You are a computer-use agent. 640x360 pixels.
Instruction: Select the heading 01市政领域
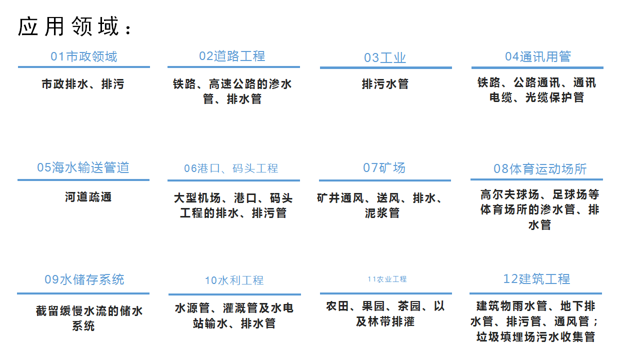click(83, 56)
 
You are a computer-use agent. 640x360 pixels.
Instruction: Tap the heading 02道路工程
click(232, 56)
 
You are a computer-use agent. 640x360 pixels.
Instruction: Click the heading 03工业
click(385, 57)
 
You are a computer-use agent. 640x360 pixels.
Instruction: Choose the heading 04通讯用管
click(538, 56)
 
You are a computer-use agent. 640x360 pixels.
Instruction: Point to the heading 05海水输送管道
click(83, 167)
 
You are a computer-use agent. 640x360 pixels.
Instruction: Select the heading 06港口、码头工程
click(231, 168)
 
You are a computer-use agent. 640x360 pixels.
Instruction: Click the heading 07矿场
click(384, 167)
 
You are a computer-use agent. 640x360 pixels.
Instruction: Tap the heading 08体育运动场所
click(540, 169)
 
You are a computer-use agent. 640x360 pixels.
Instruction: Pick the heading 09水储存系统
click(84, 279)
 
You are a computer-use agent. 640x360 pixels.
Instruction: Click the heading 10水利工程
click(234, 280)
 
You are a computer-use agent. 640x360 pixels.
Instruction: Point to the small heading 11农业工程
click(387, 279)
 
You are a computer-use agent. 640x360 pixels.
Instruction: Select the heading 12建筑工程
click(536, 279)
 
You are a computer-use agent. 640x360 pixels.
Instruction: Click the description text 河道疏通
click(88, 197)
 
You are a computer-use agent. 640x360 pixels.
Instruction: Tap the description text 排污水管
click(385, 84)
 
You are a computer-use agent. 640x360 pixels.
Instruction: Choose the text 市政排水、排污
click(83, 84)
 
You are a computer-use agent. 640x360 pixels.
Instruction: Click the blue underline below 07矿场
click(385, 180)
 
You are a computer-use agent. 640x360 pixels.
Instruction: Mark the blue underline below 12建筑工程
click(535, 293)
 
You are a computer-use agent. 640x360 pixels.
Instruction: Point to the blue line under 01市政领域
click(84, 67)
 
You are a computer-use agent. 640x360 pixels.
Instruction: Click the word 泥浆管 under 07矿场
click(382, 213)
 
